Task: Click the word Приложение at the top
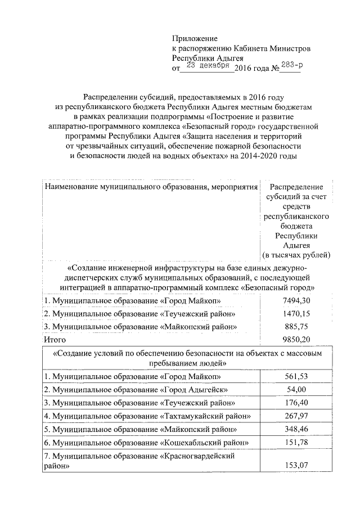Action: pyautogui.click(x=195, y=38)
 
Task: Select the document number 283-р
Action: pyautogui.click(x=291, y=66)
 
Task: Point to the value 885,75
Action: pyautogui.click(x=296, y=327)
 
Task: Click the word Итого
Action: pyautogui.click(x=55, y=340)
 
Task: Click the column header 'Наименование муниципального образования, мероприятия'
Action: pyautogui.click(x=151, y=186)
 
